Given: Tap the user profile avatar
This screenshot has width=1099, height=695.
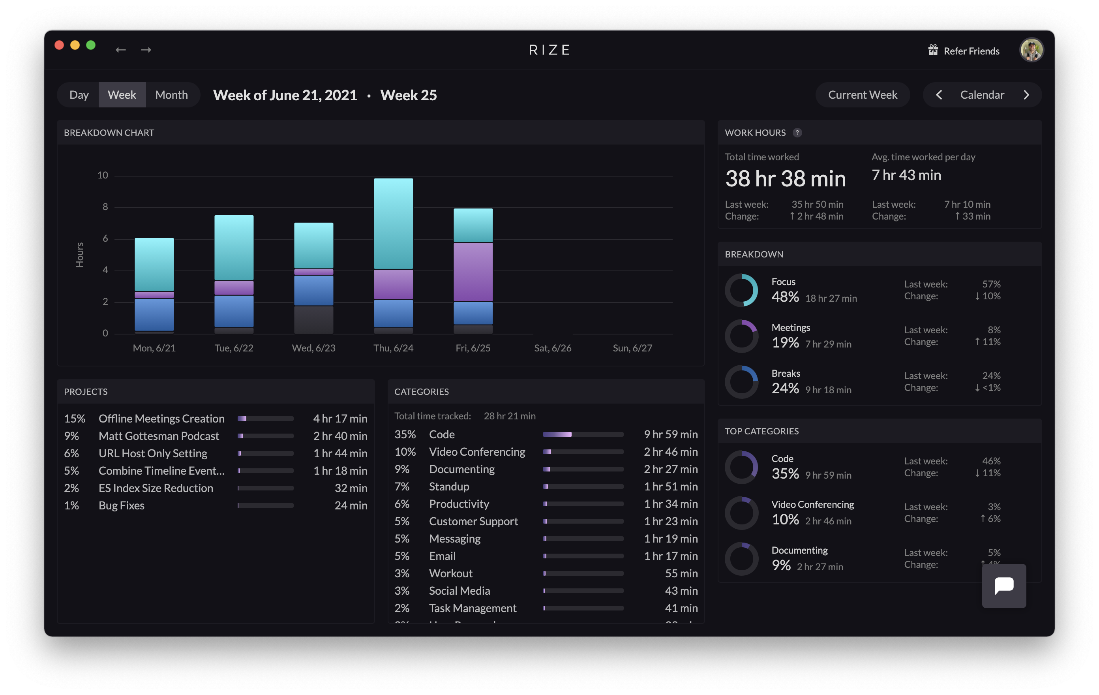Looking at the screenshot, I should [x=1031, y=49].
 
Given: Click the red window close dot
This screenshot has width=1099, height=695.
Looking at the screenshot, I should [x=59, y=45].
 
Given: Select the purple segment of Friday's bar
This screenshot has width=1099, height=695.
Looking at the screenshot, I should [x=473, y=272].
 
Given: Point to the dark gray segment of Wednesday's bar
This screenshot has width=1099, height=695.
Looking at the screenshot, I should [x=313, y=319].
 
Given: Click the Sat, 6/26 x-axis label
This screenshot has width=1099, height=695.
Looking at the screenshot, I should [x=552, y=348].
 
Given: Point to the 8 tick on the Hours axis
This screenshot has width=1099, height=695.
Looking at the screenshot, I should [x=105, y=207].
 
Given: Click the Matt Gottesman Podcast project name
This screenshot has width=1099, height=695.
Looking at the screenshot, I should [x=158, y=436].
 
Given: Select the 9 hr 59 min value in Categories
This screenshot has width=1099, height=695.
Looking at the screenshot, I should [x=670, y=434].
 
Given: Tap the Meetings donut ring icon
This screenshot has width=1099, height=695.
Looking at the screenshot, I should [x=741, y=336].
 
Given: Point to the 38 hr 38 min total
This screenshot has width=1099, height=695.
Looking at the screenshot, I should [x=785, y=178].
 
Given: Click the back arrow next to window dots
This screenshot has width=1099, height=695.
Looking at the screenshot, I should [x=120, y=50].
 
